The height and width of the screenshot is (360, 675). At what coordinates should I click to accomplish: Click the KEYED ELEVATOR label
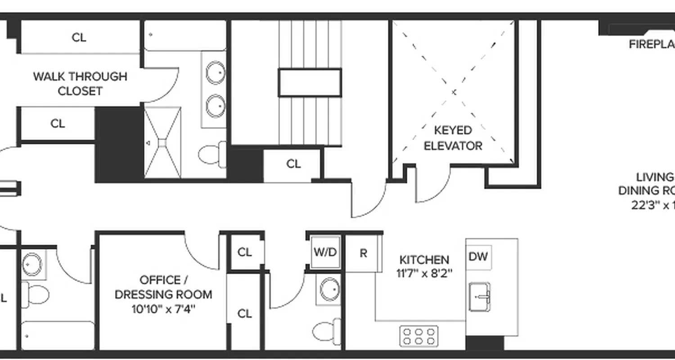453,138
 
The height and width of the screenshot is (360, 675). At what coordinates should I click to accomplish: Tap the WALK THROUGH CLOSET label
80,83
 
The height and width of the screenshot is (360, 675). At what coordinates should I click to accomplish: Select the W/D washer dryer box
325,252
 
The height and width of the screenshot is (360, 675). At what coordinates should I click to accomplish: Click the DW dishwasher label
478,257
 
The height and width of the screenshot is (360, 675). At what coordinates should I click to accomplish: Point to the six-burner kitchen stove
419,336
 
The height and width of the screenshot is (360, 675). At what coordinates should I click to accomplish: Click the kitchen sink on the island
479,297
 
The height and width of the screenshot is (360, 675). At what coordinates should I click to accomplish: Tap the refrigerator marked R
363,253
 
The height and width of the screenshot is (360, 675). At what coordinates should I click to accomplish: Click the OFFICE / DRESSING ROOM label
163,287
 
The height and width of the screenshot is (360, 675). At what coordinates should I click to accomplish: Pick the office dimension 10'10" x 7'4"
163,310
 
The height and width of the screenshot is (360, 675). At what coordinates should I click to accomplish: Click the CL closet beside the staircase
293,164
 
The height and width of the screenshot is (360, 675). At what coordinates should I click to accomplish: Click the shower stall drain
162,143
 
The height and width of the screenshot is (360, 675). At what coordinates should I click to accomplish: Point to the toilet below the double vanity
211,154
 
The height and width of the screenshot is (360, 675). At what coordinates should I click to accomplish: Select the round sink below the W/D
330,289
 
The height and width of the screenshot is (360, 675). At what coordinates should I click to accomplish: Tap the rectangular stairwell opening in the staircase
310,82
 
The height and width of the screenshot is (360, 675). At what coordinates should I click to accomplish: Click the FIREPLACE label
652,44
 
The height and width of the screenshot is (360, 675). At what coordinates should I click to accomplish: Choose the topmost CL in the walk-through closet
79,37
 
